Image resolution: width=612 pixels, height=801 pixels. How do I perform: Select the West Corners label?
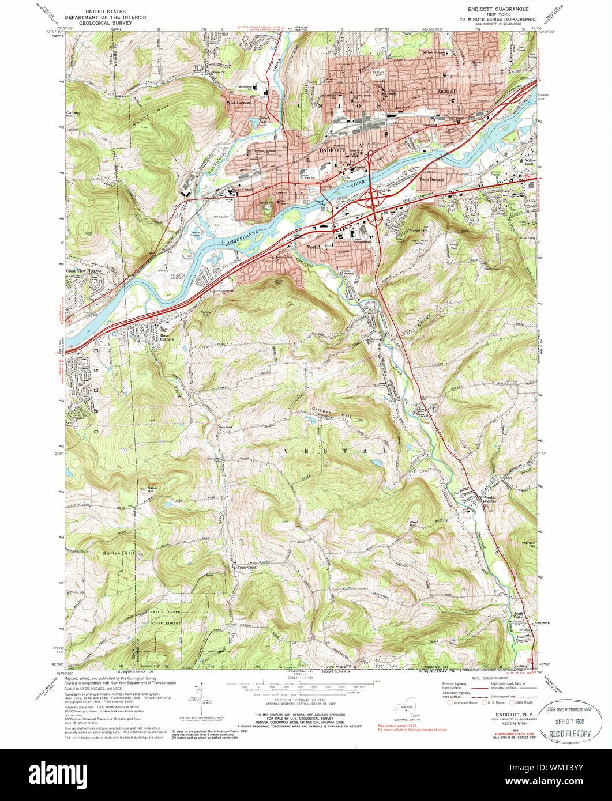(239, 103)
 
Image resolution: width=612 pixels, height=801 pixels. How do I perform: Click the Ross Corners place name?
(167, 338)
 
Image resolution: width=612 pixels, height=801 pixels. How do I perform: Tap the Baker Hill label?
(152, 490)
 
